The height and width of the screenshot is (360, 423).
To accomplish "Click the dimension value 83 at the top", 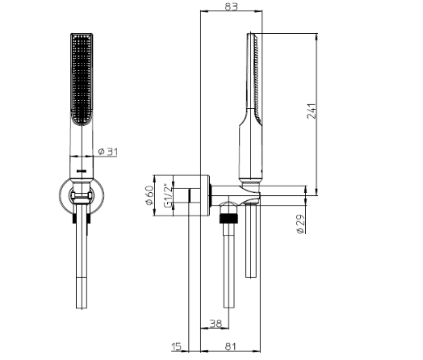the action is click(x=231, y=6).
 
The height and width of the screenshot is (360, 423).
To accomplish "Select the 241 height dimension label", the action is click(x=312, y=111).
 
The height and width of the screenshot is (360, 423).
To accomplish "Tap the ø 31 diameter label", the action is click(x=108, y=152).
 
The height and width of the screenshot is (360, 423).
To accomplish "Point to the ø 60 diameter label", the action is click(x=149, y=195).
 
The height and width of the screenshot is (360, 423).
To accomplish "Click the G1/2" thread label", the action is click(x=168, y=195).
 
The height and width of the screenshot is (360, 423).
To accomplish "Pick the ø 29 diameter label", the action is click(x=300, y=224).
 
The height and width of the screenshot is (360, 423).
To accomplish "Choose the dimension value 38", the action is click(x=215, y=323).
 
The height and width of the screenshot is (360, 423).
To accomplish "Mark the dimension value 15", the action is click(x=177, y=346).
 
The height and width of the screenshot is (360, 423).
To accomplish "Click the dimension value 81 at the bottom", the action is click(x=230, y=346).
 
